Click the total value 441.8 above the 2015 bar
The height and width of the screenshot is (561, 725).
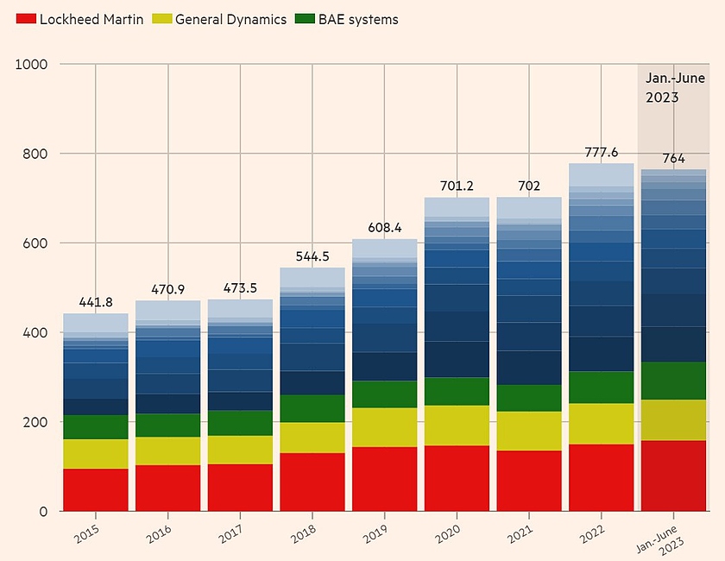point(95,303)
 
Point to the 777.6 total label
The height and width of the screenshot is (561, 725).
point(601,152)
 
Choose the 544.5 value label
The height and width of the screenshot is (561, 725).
point(312,256)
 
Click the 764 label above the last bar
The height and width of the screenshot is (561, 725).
point(673,158)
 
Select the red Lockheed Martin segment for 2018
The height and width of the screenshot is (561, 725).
point(312,482)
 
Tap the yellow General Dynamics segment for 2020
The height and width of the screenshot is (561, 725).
point(457,425)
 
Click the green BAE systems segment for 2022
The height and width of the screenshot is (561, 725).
point(601,388)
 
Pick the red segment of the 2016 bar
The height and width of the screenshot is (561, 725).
point(167,488)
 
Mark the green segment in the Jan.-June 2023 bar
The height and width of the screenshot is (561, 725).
point(673,381)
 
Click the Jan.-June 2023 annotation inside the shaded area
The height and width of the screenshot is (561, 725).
point(663,88)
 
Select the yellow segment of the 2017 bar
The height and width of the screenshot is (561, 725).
point(240,450)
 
